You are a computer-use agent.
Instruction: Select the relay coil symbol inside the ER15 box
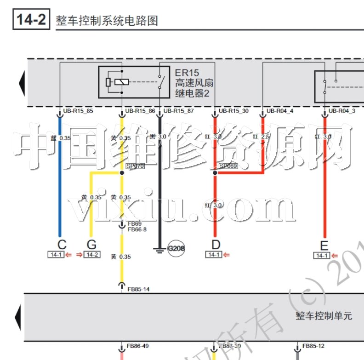pos(121,82)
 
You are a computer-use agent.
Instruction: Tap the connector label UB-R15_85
pos(78,111)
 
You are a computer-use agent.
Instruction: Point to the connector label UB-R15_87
pos(178,111)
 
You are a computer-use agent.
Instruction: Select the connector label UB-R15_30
pos(233,111)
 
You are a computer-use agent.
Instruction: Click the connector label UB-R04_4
pos(279,111)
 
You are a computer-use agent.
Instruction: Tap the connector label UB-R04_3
pos(342,111)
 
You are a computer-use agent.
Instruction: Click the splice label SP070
pos(135,166)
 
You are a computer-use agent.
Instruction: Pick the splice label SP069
pos(228,166)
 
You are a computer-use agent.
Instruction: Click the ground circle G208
pos(176,249)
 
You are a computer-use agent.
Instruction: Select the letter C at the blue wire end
pos(61,245)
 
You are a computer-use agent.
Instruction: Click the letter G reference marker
pos(91,245)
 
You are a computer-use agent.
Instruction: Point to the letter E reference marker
pos(324,245)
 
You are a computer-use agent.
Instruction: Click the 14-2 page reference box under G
pos(92,255)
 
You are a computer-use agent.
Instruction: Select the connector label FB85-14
pos(138,289)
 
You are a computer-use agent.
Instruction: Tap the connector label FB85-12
pos(314,346)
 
